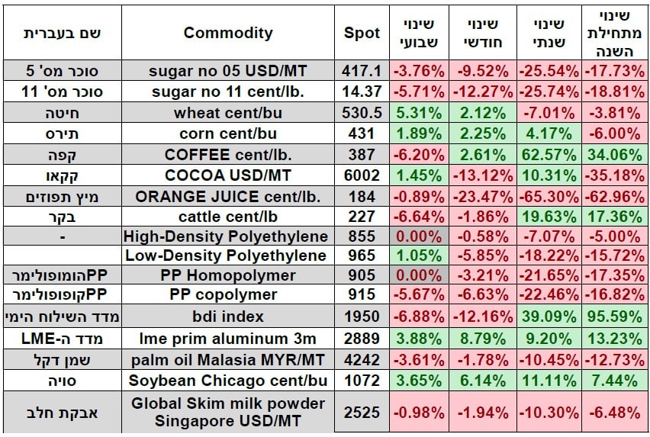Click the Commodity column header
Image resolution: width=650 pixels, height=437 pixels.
pos(227,34)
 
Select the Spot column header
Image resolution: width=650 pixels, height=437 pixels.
pos(362,34)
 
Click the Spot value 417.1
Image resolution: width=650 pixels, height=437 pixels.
pos(362,71)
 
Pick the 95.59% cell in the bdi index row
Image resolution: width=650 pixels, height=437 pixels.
pos(615,315)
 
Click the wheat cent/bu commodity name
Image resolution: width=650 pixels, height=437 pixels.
pos(227,113)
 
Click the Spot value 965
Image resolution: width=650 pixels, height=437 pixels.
pos(362,255)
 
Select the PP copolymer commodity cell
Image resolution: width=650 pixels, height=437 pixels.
pos(227,295)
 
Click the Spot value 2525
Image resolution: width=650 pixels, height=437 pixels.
pos(362,413)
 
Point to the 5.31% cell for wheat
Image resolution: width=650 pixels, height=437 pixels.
pos(417,113)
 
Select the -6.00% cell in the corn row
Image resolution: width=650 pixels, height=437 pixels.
pos(615,133)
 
